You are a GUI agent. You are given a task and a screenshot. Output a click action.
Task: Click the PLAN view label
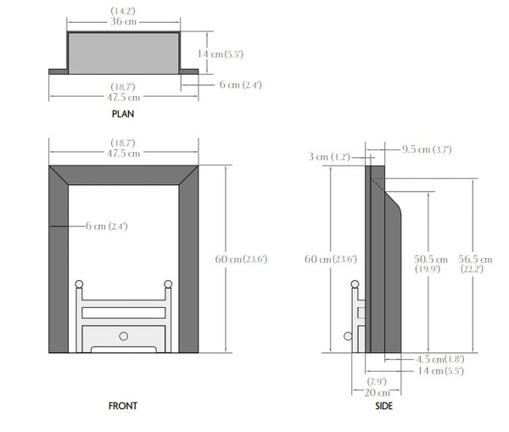[123, 113]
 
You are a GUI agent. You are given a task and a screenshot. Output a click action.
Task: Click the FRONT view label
[123, 407]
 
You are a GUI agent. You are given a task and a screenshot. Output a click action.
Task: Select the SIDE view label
[383, 407]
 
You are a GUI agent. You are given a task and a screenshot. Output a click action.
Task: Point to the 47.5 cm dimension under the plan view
[124, 96]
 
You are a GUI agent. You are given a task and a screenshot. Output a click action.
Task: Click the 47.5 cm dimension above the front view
[124, 153]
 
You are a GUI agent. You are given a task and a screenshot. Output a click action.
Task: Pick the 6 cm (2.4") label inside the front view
[106, 226]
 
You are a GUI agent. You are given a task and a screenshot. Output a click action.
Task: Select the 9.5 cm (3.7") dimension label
[428, 149]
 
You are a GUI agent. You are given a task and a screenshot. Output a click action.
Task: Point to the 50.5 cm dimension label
[430, 259]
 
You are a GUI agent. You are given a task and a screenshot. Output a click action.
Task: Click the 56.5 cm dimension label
[477, 259]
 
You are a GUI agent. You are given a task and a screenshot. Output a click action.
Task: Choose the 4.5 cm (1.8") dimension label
[434, 358]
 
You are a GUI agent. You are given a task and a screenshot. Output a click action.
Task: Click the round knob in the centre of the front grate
[124, 335]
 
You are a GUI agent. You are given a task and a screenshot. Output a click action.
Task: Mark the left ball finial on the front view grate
[80, 283]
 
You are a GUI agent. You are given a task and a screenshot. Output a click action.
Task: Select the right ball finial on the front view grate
[168, 283]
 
